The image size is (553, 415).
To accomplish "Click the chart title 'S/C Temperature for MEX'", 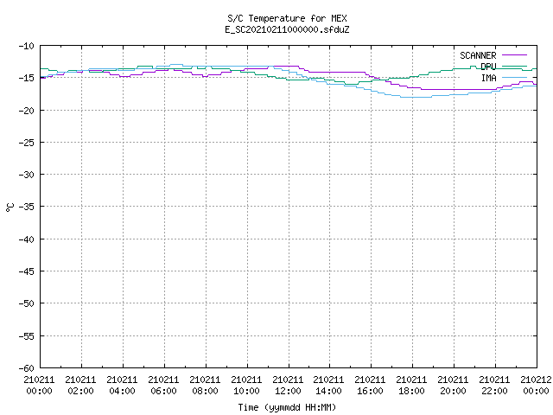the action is tap(287, 18).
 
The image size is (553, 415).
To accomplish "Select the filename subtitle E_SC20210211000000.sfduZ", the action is tap(287, 29).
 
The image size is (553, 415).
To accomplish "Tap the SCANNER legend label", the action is tap(478, 55).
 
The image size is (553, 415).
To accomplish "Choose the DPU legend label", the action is tap(488, 67).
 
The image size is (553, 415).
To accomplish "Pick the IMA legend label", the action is tap(488, 78).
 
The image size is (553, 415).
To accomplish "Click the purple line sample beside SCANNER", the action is tap(514, 55).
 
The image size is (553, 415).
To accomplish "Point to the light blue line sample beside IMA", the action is tap(514, 77).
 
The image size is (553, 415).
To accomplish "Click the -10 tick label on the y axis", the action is tap(27, 46).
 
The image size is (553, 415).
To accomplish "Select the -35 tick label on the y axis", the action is tap(27, 207).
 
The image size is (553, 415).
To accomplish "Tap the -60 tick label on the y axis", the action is tap(27, 368).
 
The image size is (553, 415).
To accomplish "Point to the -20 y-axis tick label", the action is tap(27, 111).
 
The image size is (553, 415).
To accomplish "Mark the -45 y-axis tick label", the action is tap(27, 271).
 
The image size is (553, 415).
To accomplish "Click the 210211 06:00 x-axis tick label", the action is tap(163, 386).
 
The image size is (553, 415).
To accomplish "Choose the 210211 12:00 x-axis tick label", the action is tap(288, 386).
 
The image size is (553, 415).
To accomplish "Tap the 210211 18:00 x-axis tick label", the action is tap(411, 386).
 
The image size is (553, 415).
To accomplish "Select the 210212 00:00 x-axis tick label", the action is tap(536, 386).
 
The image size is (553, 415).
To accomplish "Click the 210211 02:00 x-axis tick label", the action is tap(80, 386).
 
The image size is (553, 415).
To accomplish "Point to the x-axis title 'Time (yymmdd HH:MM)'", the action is tap(287, 407).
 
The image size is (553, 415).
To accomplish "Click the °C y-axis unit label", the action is tap(10, 207).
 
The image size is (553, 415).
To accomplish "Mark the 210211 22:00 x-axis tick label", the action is tap(494, 386).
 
